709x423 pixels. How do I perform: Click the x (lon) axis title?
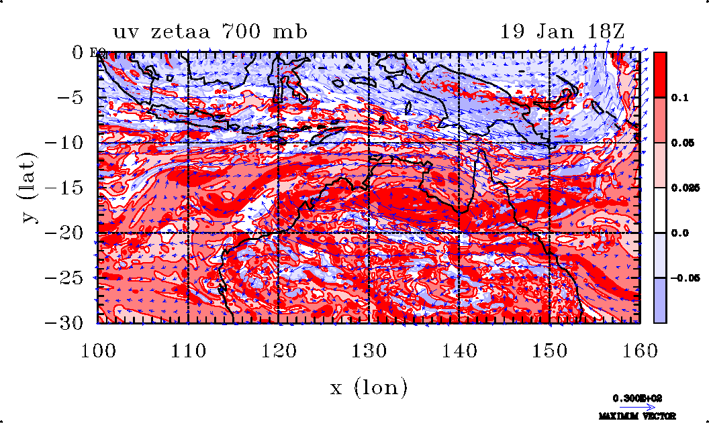tap(369, 387)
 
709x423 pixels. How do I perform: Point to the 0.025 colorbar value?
tap(681, 188)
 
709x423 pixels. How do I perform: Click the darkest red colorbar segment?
tap(660, 74)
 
